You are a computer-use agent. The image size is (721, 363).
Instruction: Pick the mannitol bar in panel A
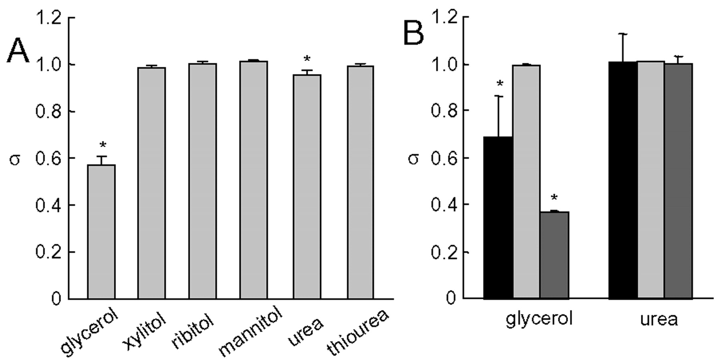click(254, 180)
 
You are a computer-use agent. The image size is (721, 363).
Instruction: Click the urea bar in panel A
click(307, 187)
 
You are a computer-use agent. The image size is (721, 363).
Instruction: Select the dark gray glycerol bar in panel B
click(554, 255)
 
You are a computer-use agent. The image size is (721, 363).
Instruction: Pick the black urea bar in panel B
click(623, 180)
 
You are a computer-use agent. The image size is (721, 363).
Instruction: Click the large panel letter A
click(18, 51)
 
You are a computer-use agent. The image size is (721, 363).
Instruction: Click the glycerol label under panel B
click(539, 319)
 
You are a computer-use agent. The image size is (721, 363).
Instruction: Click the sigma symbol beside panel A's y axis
click(15, 159)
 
